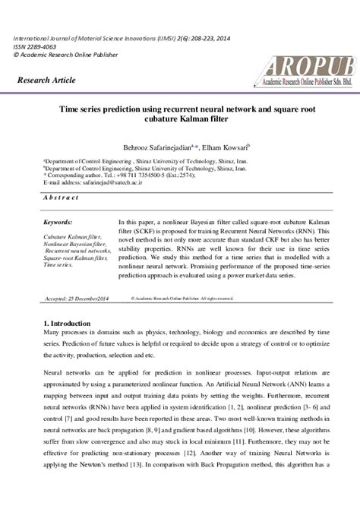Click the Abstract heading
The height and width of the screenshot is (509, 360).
coord(62,197)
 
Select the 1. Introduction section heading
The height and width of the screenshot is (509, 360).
coord(68,324)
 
